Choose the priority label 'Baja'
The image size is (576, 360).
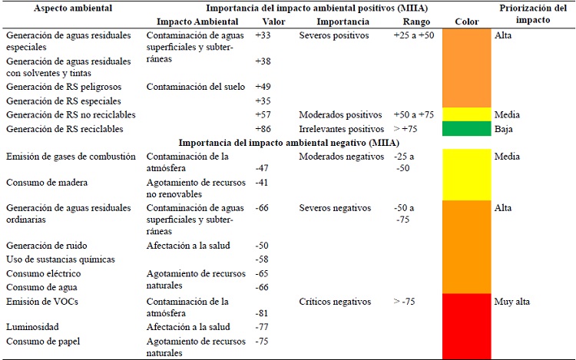[505, 129]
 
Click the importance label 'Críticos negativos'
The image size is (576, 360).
[336, 302]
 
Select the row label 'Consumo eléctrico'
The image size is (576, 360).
[45, 273]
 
